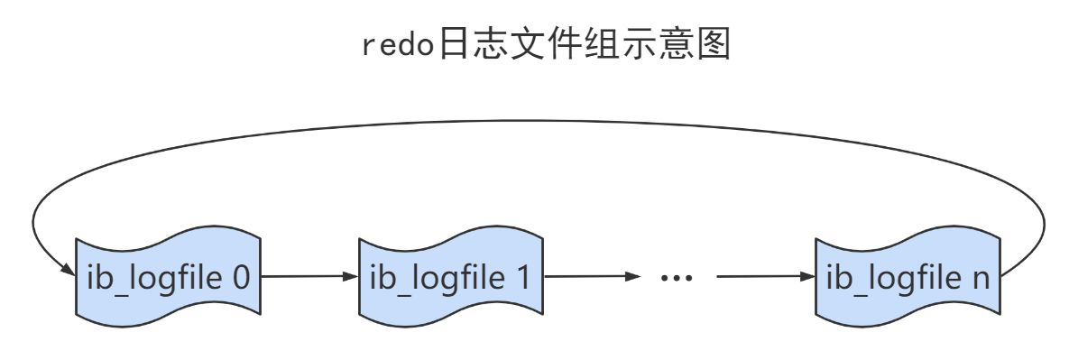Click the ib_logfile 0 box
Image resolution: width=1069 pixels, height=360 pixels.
pyautogui.click(x=168, y=278)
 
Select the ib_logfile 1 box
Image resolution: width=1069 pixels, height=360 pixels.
pyautogui.click(x=450, y=278)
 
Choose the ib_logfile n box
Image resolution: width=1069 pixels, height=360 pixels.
pyautogui.click(x=907, y=278)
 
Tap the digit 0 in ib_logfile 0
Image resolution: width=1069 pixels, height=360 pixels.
pyautogui.click(x=241, y=278)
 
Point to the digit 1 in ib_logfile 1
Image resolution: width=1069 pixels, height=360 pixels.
pyautogui.click(x=524, y=278)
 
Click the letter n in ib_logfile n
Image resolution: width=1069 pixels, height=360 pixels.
pyautogui.click(x=981, y=279)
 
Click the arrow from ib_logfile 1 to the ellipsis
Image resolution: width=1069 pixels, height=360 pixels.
pyautogui.click(x=591, y=276)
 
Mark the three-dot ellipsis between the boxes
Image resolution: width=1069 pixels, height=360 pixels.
pyautogui.click(x=675, y=278)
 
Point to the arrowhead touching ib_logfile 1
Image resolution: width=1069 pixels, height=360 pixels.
pyautogui.click(x=351, y=276)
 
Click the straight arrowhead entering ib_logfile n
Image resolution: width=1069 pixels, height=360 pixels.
pyautogui.click(x=806, y=276)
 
